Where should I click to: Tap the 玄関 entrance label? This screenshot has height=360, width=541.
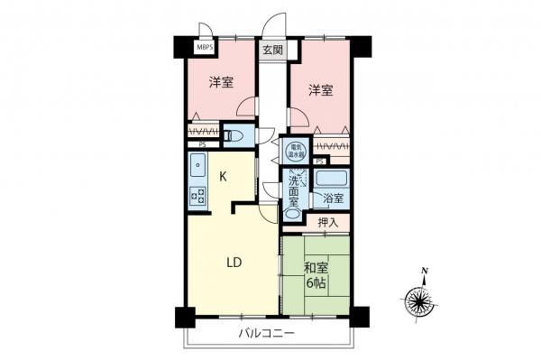pos(272,51)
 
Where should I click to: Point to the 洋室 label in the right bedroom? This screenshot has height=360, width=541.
pos(320,89)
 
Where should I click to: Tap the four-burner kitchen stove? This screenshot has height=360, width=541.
pos(197,196)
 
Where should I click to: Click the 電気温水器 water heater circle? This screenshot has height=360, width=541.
pos(295,151)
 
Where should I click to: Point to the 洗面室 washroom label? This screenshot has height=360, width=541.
pos(295,192)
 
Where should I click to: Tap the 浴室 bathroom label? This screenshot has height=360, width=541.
pos(330,197)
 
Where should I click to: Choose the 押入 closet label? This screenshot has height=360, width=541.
pos(328,222)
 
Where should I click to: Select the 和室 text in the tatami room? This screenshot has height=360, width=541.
pos(316,267)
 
